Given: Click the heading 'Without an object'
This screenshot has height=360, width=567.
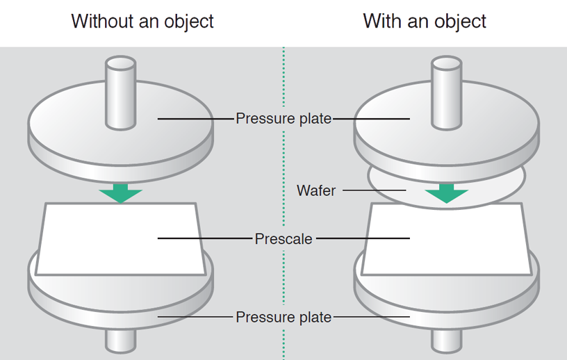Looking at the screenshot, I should click(142, 21).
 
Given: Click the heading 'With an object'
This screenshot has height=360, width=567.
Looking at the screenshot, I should click(425, 21).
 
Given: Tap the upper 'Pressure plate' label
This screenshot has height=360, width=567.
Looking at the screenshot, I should click(283, 118).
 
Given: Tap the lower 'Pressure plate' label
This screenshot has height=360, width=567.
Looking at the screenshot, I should click(283, 317).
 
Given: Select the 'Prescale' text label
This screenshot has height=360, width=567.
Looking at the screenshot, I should click(283, 238).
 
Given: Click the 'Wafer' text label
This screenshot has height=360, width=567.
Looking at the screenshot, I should click(316, 190).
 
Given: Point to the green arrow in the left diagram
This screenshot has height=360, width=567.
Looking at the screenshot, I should click(121, 193).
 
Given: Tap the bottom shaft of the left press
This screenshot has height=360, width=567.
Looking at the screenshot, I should click(121, 341).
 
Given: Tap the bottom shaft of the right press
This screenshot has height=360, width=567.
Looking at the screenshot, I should click(447, 341).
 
